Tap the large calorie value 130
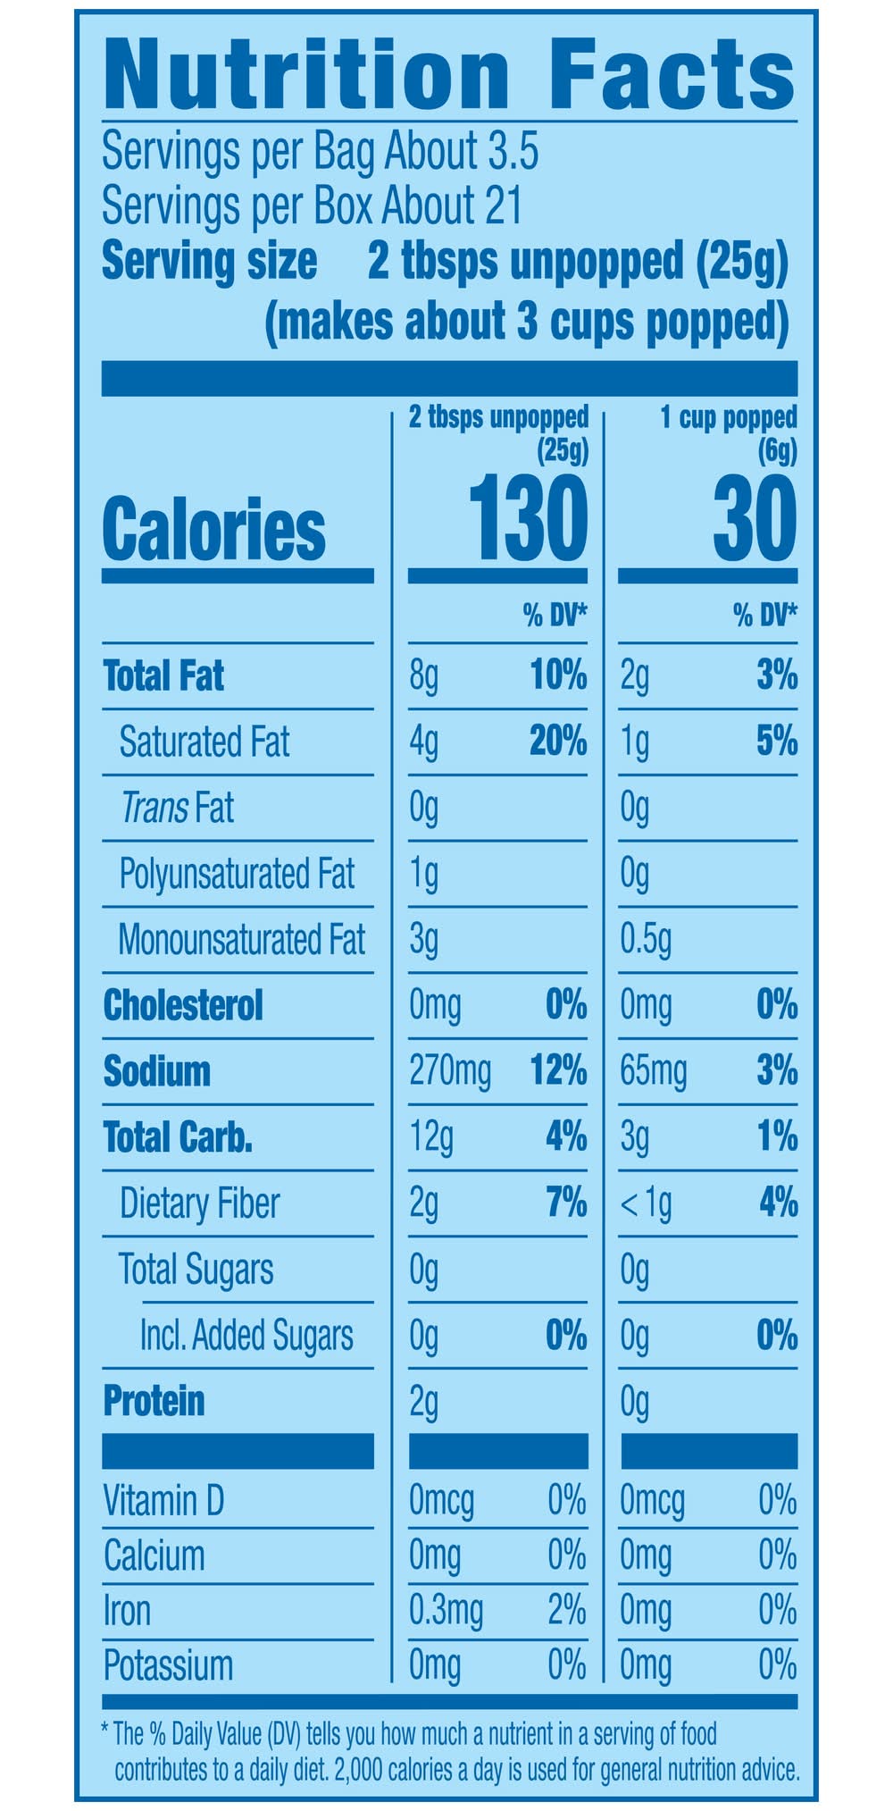[528, 519]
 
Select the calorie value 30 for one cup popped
[755, 519]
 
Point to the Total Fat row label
[164, 675]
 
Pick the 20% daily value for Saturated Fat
[558, 742]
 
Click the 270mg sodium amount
[450, 1071]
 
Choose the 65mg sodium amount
[654, 1071]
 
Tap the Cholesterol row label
[183, 1005]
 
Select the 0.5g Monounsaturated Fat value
[646, 940]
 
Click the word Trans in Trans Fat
[154, 808]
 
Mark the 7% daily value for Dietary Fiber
[566, 1203]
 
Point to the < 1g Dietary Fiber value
[646, 1203]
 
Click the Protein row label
[154, 1401]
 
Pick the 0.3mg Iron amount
[446, 1610]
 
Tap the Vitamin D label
[163, 1500]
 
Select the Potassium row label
[168, 1665]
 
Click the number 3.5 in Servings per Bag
[513, 152]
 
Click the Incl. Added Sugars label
[246, 1335]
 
